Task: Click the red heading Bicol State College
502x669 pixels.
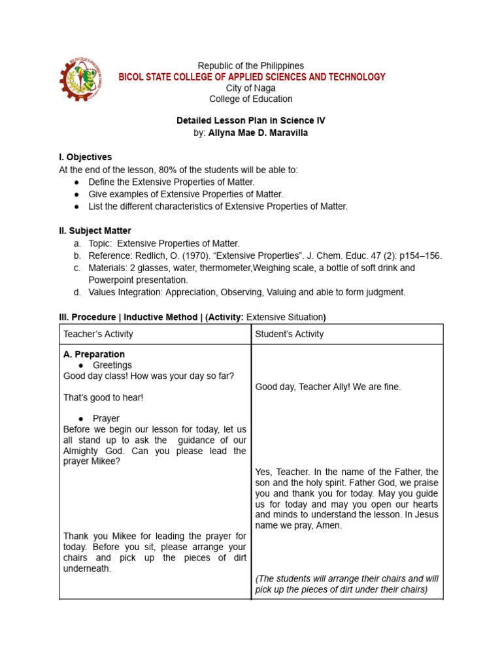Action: coord(252,77)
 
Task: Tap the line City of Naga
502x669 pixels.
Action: coord(251,88)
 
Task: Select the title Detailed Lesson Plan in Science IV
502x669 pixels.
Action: coord(251,121)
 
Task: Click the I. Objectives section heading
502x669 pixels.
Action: coord(86,157)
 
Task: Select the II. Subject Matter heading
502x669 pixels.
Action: coord(95,231)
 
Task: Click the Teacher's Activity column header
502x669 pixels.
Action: coord(98,334)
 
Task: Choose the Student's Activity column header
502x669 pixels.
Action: coord(290,334)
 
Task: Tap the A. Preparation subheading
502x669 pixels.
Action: coord(94,355)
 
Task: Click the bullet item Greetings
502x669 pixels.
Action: coord(112,365)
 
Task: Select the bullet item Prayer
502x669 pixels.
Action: coord(106,418)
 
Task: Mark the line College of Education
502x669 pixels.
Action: coord(251,99)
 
